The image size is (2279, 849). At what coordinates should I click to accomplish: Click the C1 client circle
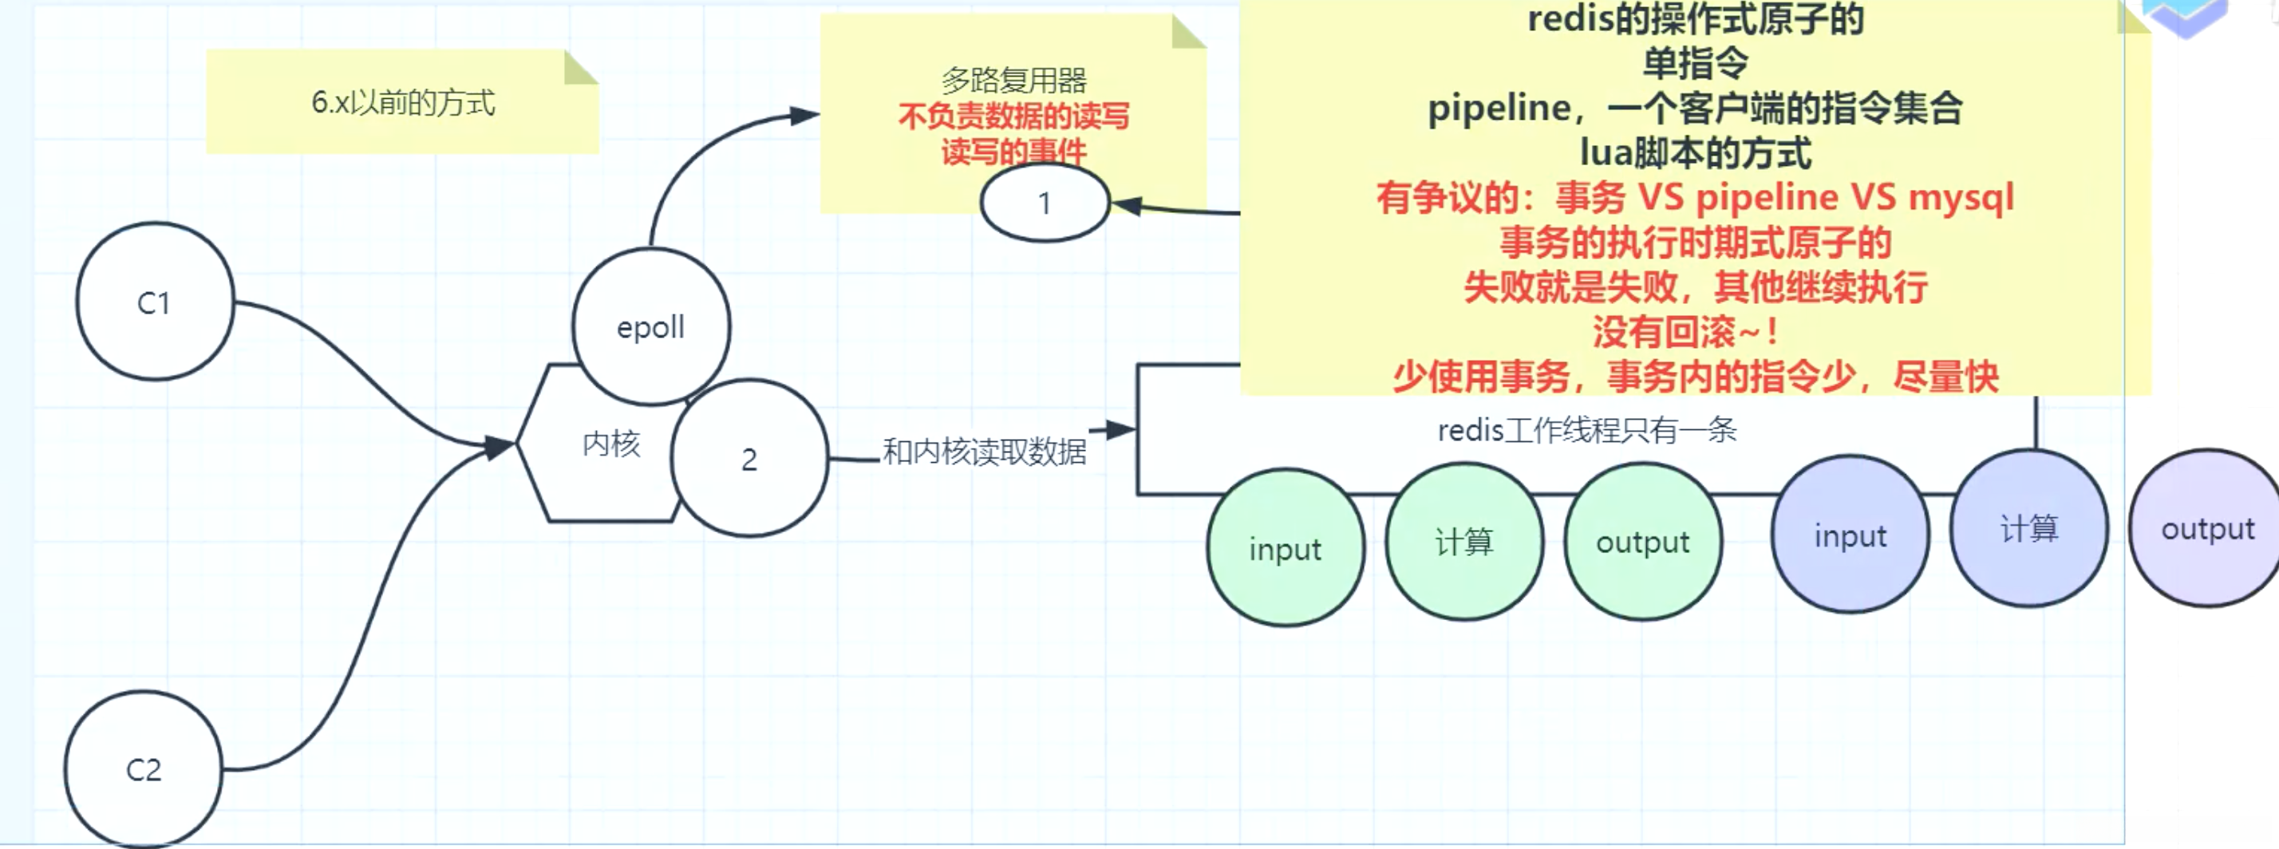(155, 302)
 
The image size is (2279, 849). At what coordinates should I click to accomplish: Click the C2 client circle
(144, 769)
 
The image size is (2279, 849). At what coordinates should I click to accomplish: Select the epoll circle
(651, 326)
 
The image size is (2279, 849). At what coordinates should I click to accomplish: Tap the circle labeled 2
(749, 459)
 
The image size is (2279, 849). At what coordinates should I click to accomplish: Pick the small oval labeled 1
(1045, 203)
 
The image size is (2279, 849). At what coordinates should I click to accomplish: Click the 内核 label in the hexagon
(610, 443)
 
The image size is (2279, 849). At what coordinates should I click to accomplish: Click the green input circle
(1285, 548)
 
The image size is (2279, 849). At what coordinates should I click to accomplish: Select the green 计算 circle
(1464, 541)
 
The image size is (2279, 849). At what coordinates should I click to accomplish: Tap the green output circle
(1643, 541)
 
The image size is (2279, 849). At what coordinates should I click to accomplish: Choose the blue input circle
(1850, 535)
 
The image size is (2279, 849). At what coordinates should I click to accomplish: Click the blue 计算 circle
(2028, 529)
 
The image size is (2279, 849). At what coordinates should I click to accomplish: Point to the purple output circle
(2207, 529)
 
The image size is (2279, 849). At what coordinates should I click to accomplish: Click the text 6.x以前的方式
(402, 103)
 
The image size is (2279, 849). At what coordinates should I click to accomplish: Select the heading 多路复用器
(1014, 81)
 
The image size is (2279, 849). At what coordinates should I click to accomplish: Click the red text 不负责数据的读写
(1014, 116)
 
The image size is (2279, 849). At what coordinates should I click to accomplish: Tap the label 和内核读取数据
(984, 452)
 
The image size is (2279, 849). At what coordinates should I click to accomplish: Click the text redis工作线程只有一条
(1586, 431)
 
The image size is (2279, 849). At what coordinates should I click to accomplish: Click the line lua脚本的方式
(1695, 152)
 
